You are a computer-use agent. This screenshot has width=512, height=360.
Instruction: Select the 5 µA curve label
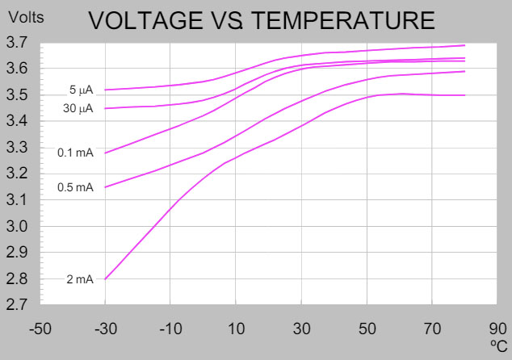point(82,90)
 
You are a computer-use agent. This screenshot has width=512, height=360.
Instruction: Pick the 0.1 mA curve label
point(75,153)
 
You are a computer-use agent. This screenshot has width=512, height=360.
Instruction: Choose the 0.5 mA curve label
point(75,187)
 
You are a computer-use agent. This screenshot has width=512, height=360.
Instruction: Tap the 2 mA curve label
point(80,279)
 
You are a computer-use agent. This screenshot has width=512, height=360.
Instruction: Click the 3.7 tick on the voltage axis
point(20,43)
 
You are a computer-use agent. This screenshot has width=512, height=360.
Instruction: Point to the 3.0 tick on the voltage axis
point(20,226)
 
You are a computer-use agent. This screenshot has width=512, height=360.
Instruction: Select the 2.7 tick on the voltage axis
point(20,305)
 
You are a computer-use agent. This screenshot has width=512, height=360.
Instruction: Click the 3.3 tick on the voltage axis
point(20,148)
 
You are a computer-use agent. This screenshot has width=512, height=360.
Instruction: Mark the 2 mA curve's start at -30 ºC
point(106,278)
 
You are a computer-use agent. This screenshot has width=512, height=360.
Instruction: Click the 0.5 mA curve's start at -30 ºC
point(106,187)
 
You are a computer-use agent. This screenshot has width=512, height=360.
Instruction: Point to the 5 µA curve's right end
point(465,45)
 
